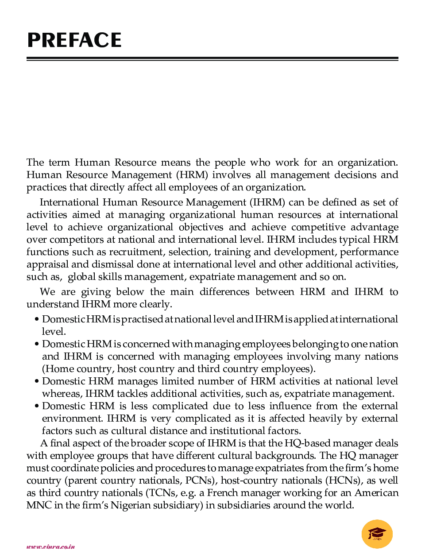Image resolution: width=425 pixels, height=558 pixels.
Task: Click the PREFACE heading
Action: point(74,40)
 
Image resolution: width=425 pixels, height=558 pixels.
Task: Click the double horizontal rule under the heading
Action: point(212,58)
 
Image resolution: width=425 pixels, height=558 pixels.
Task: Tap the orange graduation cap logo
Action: point(377,534)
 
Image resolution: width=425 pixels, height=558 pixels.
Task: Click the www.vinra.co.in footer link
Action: point(50,547)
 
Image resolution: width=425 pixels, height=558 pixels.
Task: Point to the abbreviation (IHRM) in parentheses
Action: point(267,202)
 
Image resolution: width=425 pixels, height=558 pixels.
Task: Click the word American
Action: point(376,493)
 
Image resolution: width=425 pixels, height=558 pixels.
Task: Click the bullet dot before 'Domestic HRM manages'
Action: point(37,382)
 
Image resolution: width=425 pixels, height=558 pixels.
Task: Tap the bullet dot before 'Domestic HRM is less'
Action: point(37,407)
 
